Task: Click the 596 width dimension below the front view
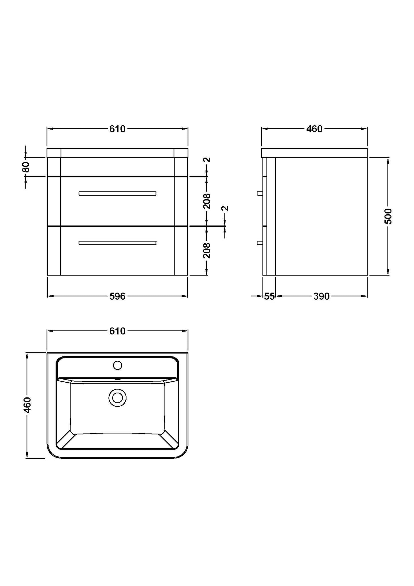click(117, 296)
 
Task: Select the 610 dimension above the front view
click(117, 129)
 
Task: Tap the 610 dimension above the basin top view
click(117, 331)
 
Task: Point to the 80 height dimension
click(26, 167)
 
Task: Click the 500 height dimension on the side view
click(388, 216)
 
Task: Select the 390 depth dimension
click(321, 296)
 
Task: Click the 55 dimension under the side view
click(269, 296)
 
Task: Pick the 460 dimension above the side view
click(314, 129)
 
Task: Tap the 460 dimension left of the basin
click(27, 405)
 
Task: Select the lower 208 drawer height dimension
click(207, 250)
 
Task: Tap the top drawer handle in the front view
click(117, 193)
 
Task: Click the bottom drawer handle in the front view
click(117, 243)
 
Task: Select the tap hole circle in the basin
click(117, 365)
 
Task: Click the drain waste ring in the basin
click(117, 398)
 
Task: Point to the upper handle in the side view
click(260, 193)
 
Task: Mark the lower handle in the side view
click(260, 243)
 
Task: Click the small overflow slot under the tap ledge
click(117, 379)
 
